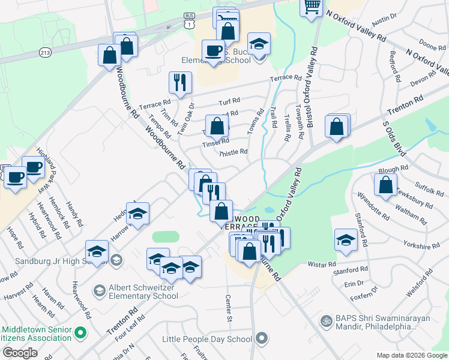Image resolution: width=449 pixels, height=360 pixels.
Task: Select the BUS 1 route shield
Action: [189, 22]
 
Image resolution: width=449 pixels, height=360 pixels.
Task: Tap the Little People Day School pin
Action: [261, 339]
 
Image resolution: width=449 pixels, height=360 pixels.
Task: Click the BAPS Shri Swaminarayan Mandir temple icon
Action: [326, 322]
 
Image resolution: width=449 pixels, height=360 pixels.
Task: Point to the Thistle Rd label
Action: [233, 152]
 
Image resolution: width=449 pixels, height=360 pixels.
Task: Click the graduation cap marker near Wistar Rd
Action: [345, 240]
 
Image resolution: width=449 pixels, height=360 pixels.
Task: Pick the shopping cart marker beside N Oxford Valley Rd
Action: [312, 7]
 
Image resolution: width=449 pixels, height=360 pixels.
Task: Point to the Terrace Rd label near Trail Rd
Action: [285, 78]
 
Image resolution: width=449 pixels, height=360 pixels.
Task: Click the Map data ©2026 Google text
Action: [411, 355]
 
